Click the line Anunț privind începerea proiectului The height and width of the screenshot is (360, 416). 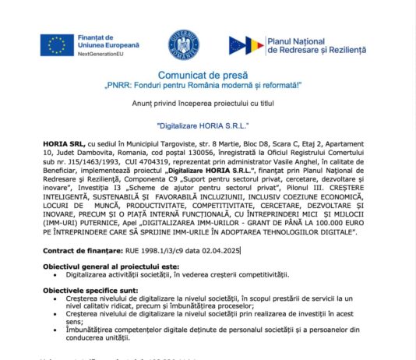pyautogui.click(x=207, y=102)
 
